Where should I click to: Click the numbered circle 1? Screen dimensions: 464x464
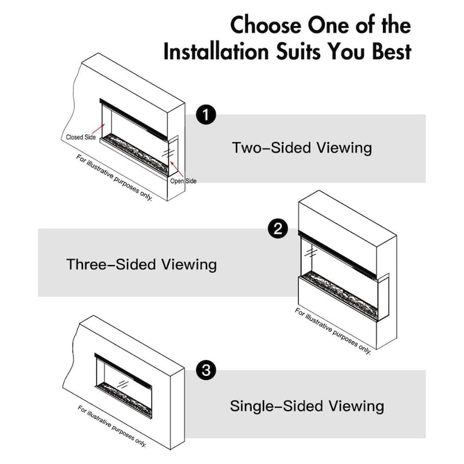[206, 115]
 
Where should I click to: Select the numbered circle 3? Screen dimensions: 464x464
[206, 369]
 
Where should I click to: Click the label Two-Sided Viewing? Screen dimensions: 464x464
[302, 147]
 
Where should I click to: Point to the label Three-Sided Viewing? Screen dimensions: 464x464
[142, 264]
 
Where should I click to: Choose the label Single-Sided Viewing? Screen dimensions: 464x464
[307, 405]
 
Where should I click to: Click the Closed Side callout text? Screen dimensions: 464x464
[80, 137]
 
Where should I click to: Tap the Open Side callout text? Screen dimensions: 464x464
[183, 181]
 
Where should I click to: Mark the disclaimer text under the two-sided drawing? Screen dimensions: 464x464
[115, 177]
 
